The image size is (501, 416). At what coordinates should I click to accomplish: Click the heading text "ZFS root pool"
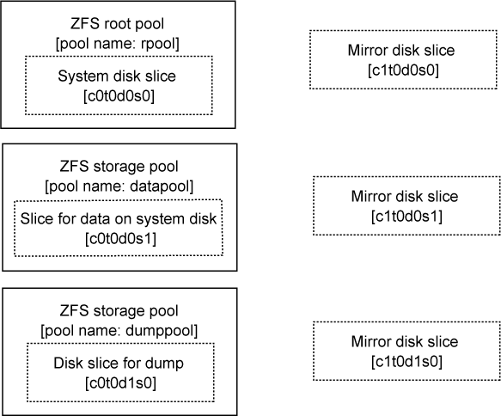pos(117,24)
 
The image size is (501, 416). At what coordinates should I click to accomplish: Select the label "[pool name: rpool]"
pos(118,44)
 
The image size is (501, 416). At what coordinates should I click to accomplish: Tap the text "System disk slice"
pos(117,76)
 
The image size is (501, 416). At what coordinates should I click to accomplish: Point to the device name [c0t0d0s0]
pos(119,96)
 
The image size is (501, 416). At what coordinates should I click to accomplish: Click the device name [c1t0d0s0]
pos(403,70)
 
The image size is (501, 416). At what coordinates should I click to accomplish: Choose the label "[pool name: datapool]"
pos(119,187)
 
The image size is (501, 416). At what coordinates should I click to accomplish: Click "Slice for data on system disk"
pos(119,219)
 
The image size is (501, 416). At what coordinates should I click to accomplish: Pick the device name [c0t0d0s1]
pos(121,239)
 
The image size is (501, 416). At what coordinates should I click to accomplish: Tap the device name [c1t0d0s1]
pos(406,217)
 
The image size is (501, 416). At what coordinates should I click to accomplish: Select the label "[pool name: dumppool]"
pos(119,331)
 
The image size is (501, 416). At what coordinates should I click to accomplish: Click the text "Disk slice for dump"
pos(119,364)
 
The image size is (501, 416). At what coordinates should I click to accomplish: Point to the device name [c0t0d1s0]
pos(121,383)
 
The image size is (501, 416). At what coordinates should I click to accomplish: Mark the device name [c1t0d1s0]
pos(406,362)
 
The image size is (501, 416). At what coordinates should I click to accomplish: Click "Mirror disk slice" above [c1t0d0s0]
pos(401,51)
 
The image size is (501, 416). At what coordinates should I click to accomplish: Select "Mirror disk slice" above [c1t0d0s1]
pos(405,197)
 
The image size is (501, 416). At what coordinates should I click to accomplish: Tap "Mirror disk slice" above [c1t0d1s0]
pos(405,341)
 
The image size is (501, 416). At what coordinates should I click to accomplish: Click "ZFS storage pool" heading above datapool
pos(119,167)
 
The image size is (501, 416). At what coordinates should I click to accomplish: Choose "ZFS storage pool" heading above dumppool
pos(119,311)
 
